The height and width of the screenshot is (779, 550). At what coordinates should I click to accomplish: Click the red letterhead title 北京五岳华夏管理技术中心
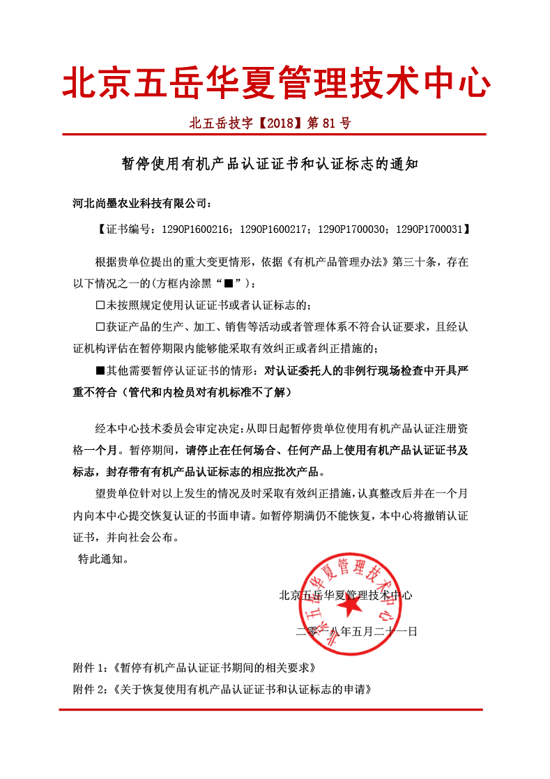(276, 84)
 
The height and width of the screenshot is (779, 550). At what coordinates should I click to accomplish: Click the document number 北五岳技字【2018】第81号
(270, 124)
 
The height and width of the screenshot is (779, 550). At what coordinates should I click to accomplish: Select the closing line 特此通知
(102, 559)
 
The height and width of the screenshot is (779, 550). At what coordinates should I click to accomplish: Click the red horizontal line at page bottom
(270, 709)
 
